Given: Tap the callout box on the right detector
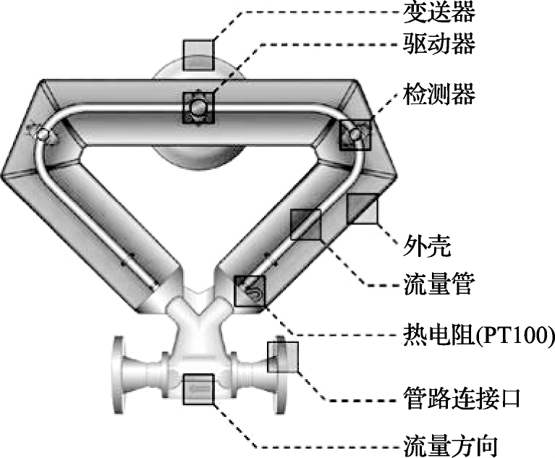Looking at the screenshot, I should pyautogui.click(x=356, y=135).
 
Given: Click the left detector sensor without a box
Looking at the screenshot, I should pyautogui.click(x=42, y=134).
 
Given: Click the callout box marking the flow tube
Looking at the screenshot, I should pyautogui.click(x=305, y=224).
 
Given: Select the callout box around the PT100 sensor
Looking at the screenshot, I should pyautogui.click(x=250, y=291).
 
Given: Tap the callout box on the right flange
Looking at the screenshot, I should pyautogui.click(x=284, y=356).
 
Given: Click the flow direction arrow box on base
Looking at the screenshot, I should pyautogui.click(x=199, y=390).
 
